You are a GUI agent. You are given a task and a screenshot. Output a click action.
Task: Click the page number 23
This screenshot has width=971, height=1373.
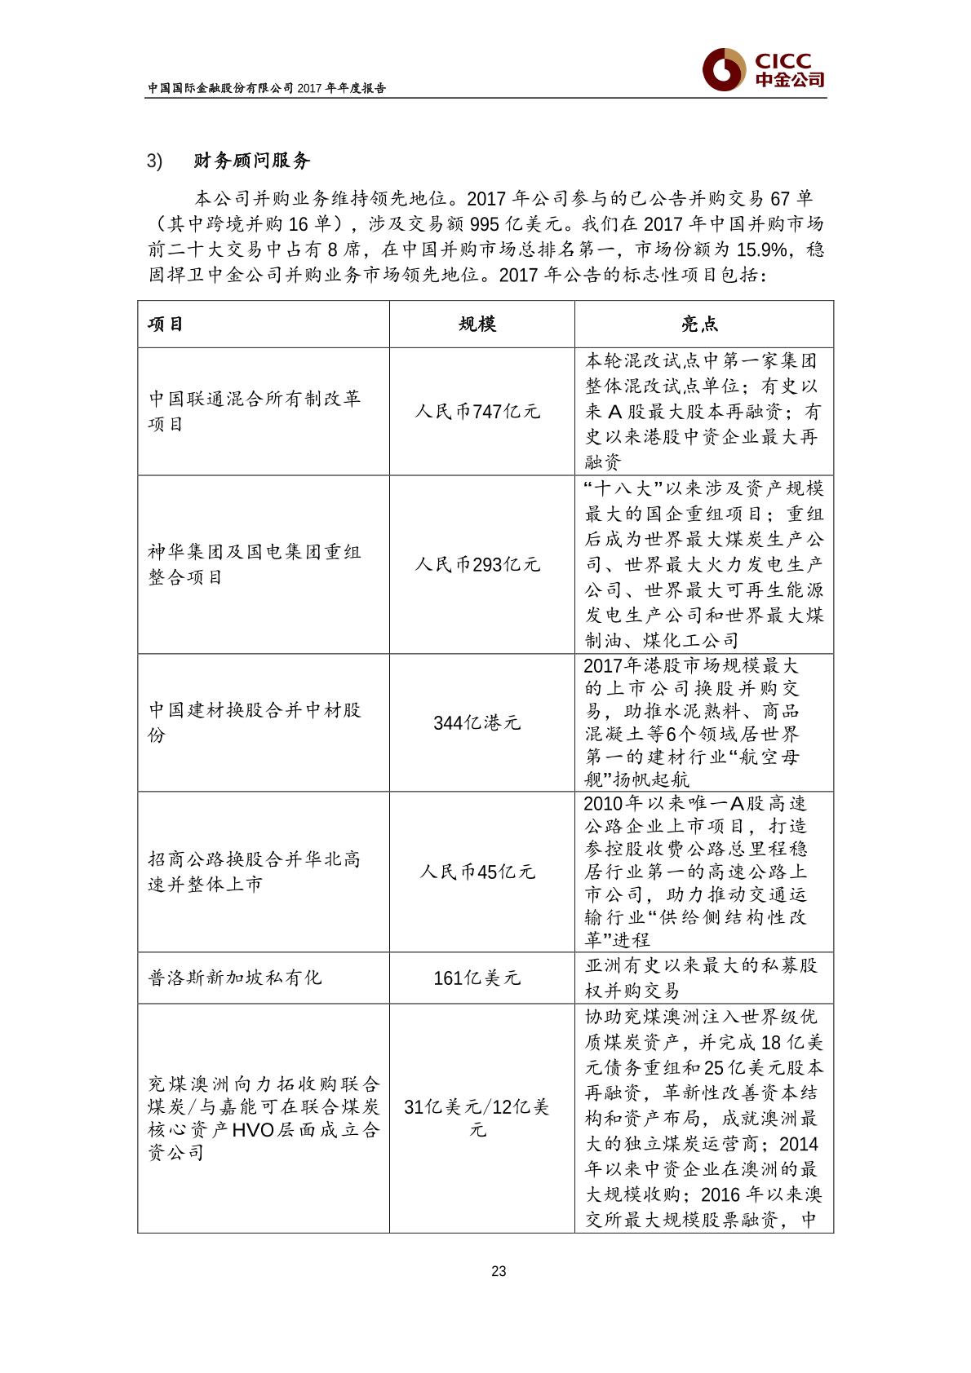pos(499,1271)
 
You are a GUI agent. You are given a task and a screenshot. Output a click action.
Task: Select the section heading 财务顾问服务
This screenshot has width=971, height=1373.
pos(251,161)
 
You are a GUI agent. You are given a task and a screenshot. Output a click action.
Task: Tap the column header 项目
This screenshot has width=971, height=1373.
pos(166,324)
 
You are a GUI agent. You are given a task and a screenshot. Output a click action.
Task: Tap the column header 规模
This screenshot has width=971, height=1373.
pos(478,324)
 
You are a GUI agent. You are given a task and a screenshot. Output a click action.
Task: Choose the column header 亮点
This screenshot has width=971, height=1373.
pos(699,324)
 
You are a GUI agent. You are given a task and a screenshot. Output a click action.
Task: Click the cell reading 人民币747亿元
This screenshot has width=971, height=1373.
pos(477,412)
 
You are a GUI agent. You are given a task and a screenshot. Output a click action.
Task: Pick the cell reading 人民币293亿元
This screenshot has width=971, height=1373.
pos(477,564)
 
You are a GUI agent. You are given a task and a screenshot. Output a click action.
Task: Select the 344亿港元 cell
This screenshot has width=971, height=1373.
pos(477,722)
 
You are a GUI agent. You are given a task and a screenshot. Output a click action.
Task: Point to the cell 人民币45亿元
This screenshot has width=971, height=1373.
pos(477,872)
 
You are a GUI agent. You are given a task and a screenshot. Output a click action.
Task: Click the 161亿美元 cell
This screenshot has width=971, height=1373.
pos(477,978)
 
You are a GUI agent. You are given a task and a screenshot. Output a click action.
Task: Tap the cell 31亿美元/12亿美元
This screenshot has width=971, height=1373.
pos(477,1118)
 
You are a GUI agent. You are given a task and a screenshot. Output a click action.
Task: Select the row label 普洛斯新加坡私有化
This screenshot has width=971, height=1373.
pos(235,978)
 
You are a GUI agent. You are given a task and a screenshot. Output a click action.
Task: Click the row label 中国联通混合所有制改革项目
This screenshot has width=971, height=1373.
pos(254,412)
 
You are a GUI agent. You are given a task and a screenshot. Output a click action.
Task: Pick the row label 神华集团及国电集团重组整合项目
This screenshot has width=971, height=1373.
pos(254,564)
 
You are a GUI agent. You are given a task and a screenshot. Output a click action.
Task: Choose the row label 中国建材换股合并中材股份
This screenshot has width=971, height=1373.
pos(254,722)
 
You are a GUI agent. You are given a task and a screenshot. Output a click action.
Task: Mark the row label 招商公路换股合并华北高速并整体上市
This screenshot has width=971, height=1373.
pos(254,872)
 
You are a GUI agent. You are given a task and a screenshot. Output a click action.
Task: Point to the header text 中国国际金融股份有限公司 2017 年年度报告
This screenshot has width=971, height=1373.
pos(266,88)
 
